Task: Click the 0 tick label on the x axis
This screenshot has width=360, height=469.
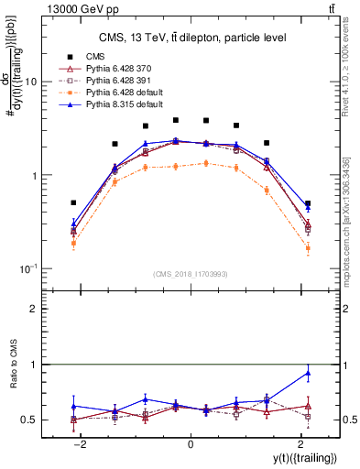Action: pyautogui.click(x=191, y=443)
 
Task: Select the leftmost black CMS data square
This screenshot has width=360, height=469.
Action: pyautogui.click(x=73, y=202)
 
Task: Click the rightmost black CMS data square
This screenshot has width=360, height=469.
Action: pyautogui.click(x=308, y=203)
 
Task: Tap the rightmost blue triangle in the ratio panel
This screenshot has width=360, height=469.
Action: pyautogui.click(x=308, y=373)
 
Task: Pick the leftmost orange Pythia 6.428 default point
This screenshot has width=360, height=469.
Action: pyautogui.click(x=73, y=243)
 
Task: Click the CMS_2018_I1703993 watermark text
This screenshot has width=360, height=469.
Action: pyautogui.click(x=189, y=273)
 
